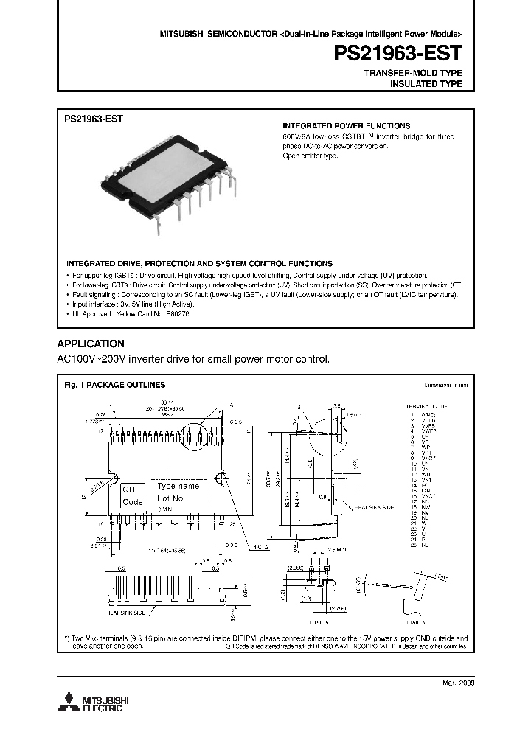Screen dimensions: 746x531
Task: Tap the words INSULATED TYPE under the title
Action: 426,84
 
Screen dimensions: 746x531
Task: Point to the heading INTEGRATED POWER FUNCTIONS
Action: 347,126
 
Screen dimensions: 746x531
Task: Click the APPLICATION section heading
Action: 91,344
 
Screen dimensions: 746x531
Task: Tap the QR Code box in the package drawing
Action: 132,495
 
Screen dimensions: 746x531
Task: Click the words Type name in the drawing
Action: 178,487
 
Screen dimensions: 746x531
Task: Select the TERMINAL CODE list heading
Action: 427,406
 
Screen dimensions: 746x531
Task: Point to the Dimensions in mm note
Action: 445,385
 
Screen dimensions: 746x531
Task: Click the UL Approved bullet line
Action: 131,313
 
